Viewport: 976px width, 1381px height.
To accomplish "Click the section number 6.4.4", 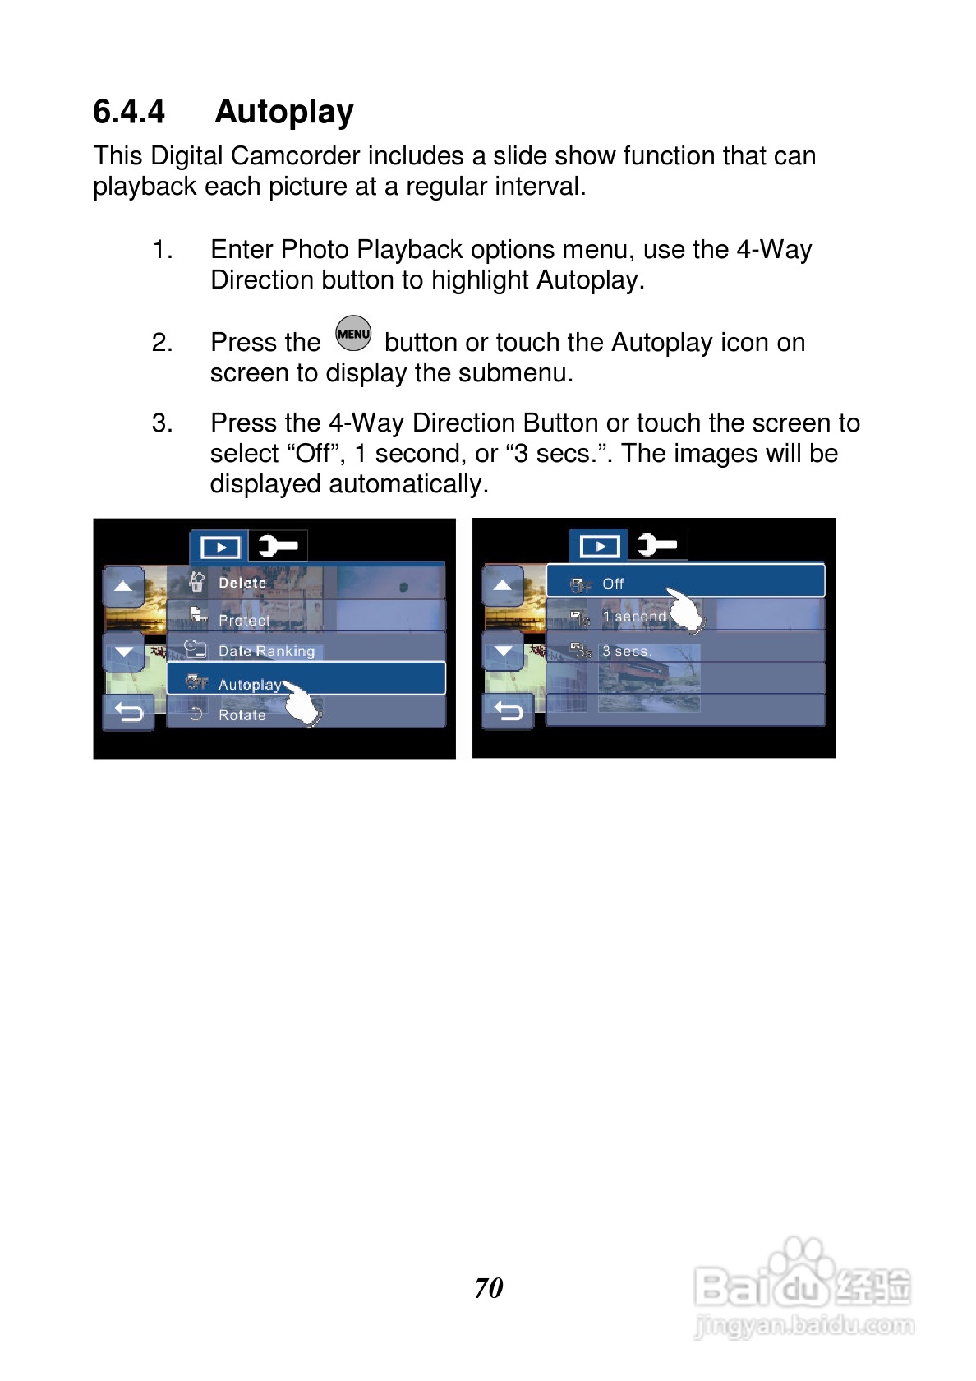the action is (x=129, y=112).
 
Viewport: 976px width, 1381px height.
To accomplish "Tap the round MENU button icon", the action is (x=353, y=333).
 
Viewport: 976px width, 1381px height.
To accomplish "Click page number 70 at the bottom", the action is (x=489, y=1287).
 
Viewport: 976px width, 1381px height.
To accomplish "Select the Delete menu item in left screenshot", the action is (x=306, y=582).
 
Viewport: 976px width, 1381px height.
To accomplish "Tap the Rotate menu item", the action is (x=306, y=714).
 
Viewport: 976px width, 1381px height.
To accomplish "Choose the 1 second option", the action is (x=685, y=615).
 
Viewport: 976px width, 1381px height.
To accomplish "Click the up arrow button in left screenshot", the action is (x=124, y=585).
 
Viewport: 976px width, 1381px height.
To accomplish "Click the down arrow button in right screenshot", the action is (x=503, y=650).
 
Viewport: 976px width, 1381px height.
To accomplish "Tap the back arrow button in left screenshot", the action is (x=128, y=712).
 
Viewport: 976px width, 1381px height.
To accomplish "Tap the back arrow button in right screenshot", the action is (x=508, y=712).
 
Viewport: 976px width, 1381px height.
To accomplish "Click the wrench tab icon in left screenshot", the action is (x=278, y=546).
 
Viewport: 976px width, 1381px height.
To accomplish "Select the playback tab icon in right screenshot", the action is (x=599, y=546).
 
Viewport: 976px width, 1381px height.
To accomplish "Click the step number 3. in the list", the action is (x=162, y=423).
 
